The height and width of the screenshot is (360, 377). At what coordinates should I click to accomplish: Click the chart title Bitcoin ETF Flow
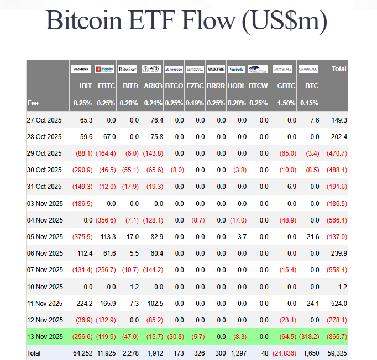click(x=186, y=21)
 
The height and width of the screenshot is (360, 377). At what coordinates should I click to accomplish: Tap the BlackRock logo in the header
click(x=81, y=69)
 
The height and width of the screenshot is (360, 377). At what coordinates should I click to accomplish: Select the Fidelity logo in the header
click(x=104, y=69)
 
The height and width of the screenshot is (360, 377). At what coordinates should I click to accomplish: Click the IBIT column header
click(x=85, y=86)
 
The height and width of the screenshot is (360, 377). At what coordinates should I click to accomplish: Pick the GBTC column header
click(x=286, y=86)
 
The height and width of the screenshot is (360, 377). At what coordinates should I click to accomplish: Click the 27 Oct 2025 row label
click(x=45, y=120)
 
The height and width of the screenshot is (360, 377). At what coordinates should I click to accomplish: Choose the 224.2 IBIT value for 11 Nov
click(x=84, y=303)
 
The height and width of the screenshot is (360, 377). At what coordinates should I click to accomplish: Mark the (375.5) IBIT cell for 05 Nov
click(x=82, y=236)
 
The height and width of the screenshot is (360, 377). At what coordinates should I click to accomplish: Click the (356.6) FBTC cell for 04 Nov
click(x=106, y=220)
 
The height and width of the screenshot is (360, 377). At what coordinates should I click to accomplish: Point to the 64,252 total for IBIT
click(x=82, y=352)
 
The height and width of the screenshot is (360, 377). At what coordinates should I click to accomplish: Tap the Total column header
click(x=338, y=69)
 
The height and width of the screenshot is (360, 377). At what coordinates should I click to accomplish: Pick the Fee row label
click(x=33, y=103)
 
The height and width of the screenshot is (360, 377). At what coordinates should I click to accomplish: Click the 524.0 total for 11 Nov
click(x=338, y=303)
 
